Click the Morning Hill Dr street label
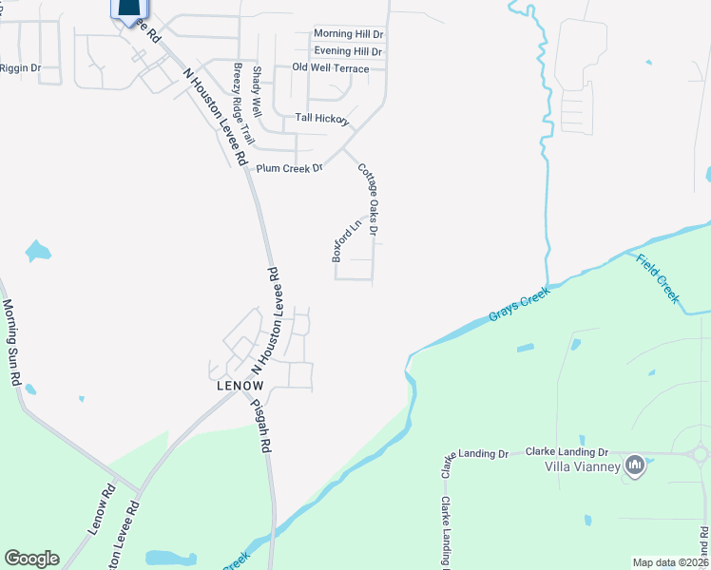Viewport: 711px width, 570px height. point(348,34)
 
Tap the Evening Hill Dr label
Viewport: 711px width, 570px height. point(348,51)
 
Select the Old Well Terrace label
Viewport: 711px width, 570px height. point(330,68)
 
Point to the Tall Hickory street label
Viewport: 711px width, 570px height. point(321,119)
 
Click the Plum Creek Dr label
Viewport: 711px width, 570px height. point(290,168)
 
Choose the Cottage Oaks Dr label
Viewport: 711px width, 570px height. point(369,199)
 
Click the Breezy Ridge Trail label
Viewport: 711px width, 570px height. point(242,104)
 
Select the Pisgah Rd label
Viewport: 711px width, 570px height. point(261,424)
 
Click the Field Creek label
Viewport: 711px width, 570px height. point(658,279)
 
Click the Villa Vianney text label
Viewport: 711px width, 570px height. point(582,466)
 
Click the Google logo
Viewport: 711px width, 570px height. point(31,559)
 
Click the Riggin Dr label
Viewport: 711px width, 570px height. point(21,68)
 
